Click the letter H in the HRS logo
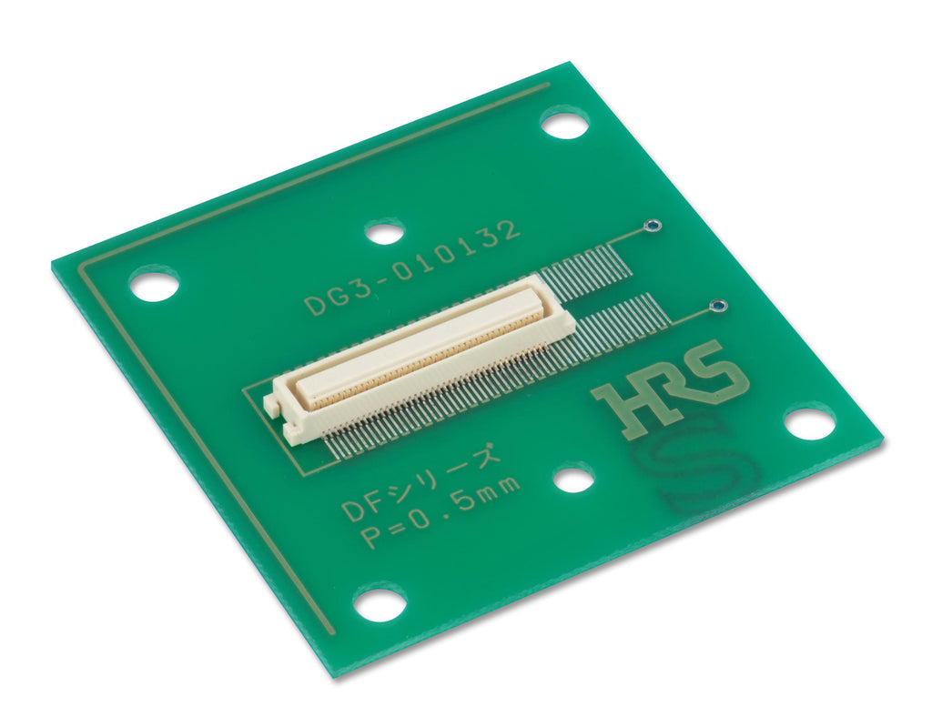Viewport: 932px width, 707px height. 627,404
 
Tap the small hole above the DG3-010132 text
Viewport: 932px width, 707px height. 385,232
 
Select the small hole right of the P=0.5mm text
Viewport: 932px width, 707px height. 572,479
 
